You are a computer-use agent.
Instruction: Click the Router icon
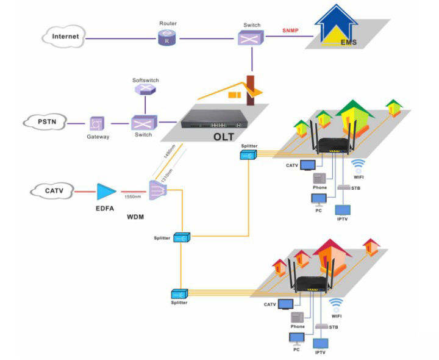point(165,38)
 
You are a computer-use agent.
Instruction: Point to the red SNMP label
point(291,30)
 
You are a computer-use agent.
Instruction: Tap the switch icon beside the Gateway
point(141,123)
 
